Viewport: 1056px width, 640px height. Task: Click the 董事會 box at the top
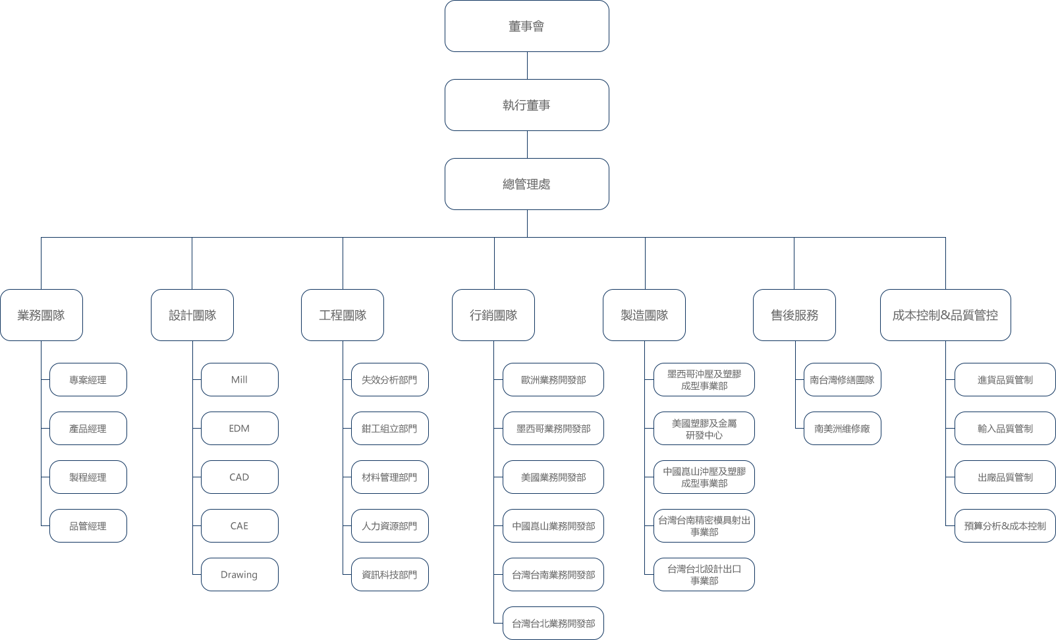coord(526,26)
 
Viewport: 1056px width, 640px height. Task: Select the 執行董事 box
coord(526,105)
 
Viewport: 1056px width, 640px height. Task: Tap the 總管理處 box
coord(526,184)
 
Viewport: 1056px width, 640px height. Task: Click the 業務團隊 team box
coord(42,315)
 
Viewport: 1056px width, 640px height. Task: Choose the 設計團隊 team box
coord(192,315)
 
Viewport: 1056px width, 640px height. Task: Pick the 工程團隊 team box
coord(343,315)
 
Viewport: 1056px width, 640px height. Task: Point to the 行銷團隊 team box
coord(493,315)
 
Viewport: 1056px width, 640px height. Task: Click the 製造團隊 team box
coord(644,315)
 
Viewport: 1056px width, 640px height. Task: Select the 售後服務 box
coord(794,315)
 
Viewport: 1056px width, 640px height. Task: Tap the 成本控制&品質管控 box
coord(945,315)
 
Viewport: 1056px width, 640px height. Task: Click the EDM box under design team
coord(240,429)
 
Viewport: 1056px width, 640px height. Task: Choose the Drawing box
coord(240,575)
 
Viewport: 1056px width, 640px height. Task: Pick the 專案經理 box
coord(88,379)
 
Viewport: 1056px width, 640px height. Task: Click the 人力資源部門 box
coord(390,525)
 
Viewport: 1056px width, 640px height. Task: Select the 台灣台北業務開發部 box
coord(553,623)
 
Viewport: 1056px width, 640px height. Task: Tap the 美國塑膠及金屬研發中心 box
coord(704,429)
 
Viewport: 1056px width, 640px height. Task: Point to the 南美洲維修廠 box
coord(843,429)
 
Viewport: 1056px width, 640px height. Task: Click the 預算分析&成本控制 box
coord(1005,525)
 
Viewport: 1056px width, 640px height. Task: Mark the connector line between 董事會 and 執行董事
coord(527,65)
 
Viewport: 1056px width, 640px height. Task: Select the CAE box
coord(240,525)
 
